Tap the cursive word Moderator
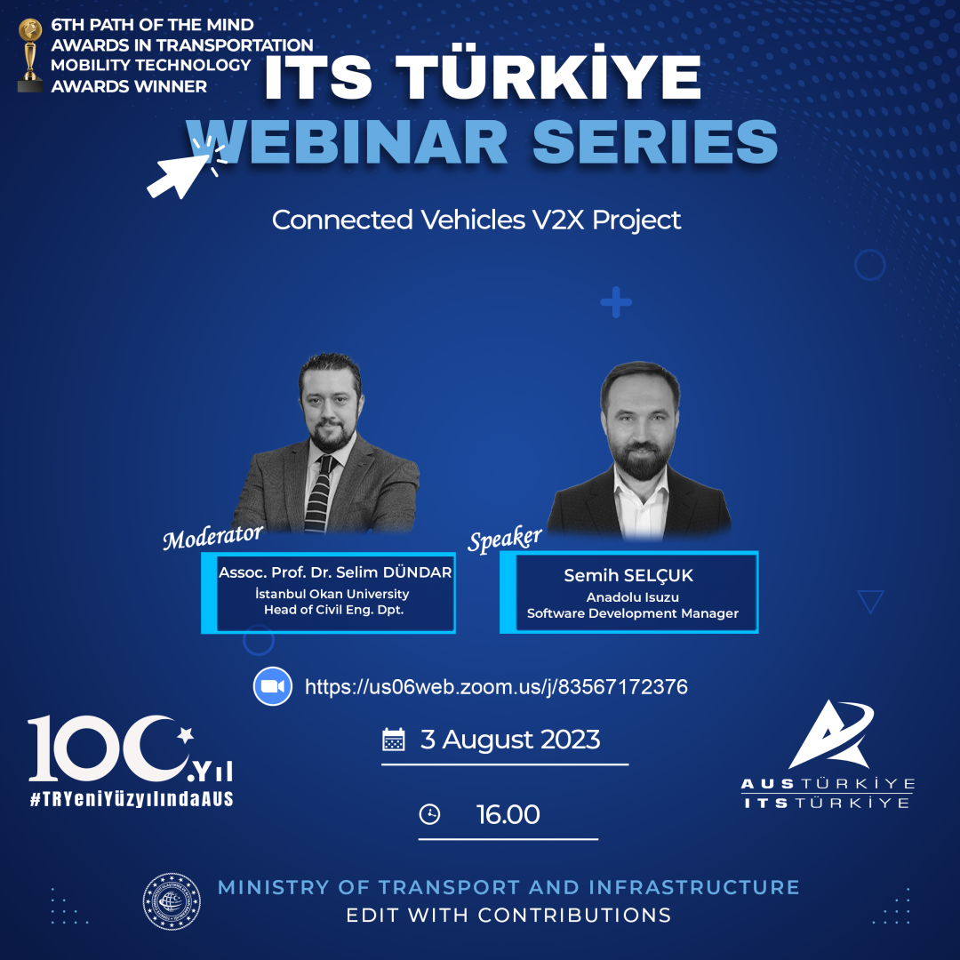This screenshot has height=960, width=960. click(213, 536)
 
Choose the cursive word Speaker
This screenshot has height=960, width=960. click(505, 539)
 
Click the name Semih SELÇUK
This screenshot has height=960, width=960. click(628, 576)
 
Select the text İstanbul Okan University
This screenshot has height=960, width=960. click(332, 594)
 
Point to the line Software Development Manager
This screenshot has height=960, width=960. click(633, 613)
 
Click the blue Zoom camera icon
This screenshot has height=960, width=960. click(273, 686)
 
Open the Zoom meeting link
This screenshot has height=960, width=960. click(496, 687)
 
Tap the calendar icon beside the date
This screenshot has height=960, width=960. click(393, 740)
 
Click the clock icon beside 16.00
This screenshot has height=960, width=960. click(429, 814)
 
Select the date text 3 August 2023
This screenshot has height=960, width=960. click(510, 740)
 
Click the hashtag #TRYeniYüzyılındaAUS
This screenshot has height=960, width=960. click(132, 799)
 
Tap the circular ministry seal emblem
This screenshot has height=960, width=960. click(172, 901)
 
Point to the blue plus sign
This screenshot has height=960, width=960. click(615, 303)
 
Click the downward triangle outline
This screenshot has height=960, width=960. click(871, 602)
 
